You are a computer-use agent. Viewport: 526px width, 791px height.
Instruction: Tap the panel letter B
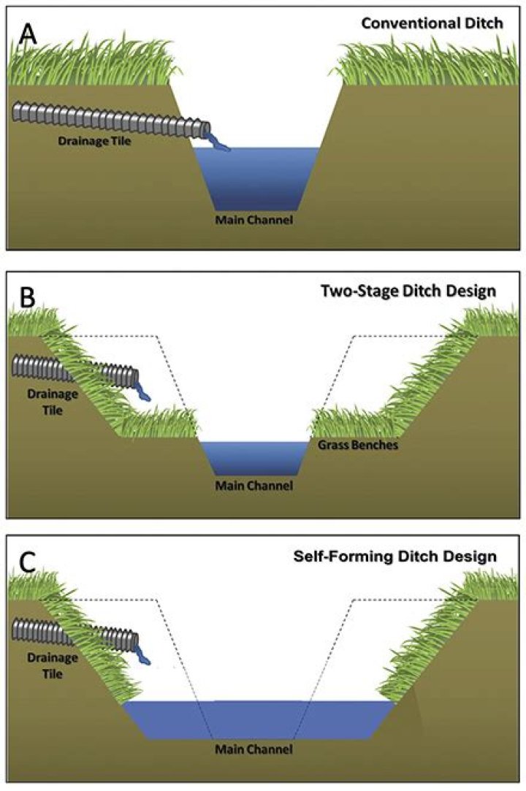pos(25,297)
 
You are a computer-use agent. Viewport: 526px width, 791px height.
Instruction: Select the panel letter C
pos(26,563)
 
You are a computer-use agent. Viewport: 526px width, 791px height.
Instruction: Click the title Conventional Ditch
pos(432,23)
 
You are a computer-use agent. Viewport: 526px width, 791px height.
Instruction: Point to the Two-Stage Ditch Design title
pos(409,291)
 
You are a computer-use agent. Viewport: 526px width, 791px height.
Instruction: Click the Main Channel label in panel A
pos(254,218)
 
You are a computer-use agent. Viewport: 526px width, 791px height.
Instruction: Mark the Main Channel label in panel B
pos(254,485)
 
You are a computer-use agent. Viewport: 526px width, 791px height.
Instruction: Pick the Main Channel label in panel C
pos(254,749)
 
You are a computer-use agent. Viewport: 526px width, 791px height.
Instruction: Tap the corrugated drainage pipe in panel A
pos(110,120)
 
